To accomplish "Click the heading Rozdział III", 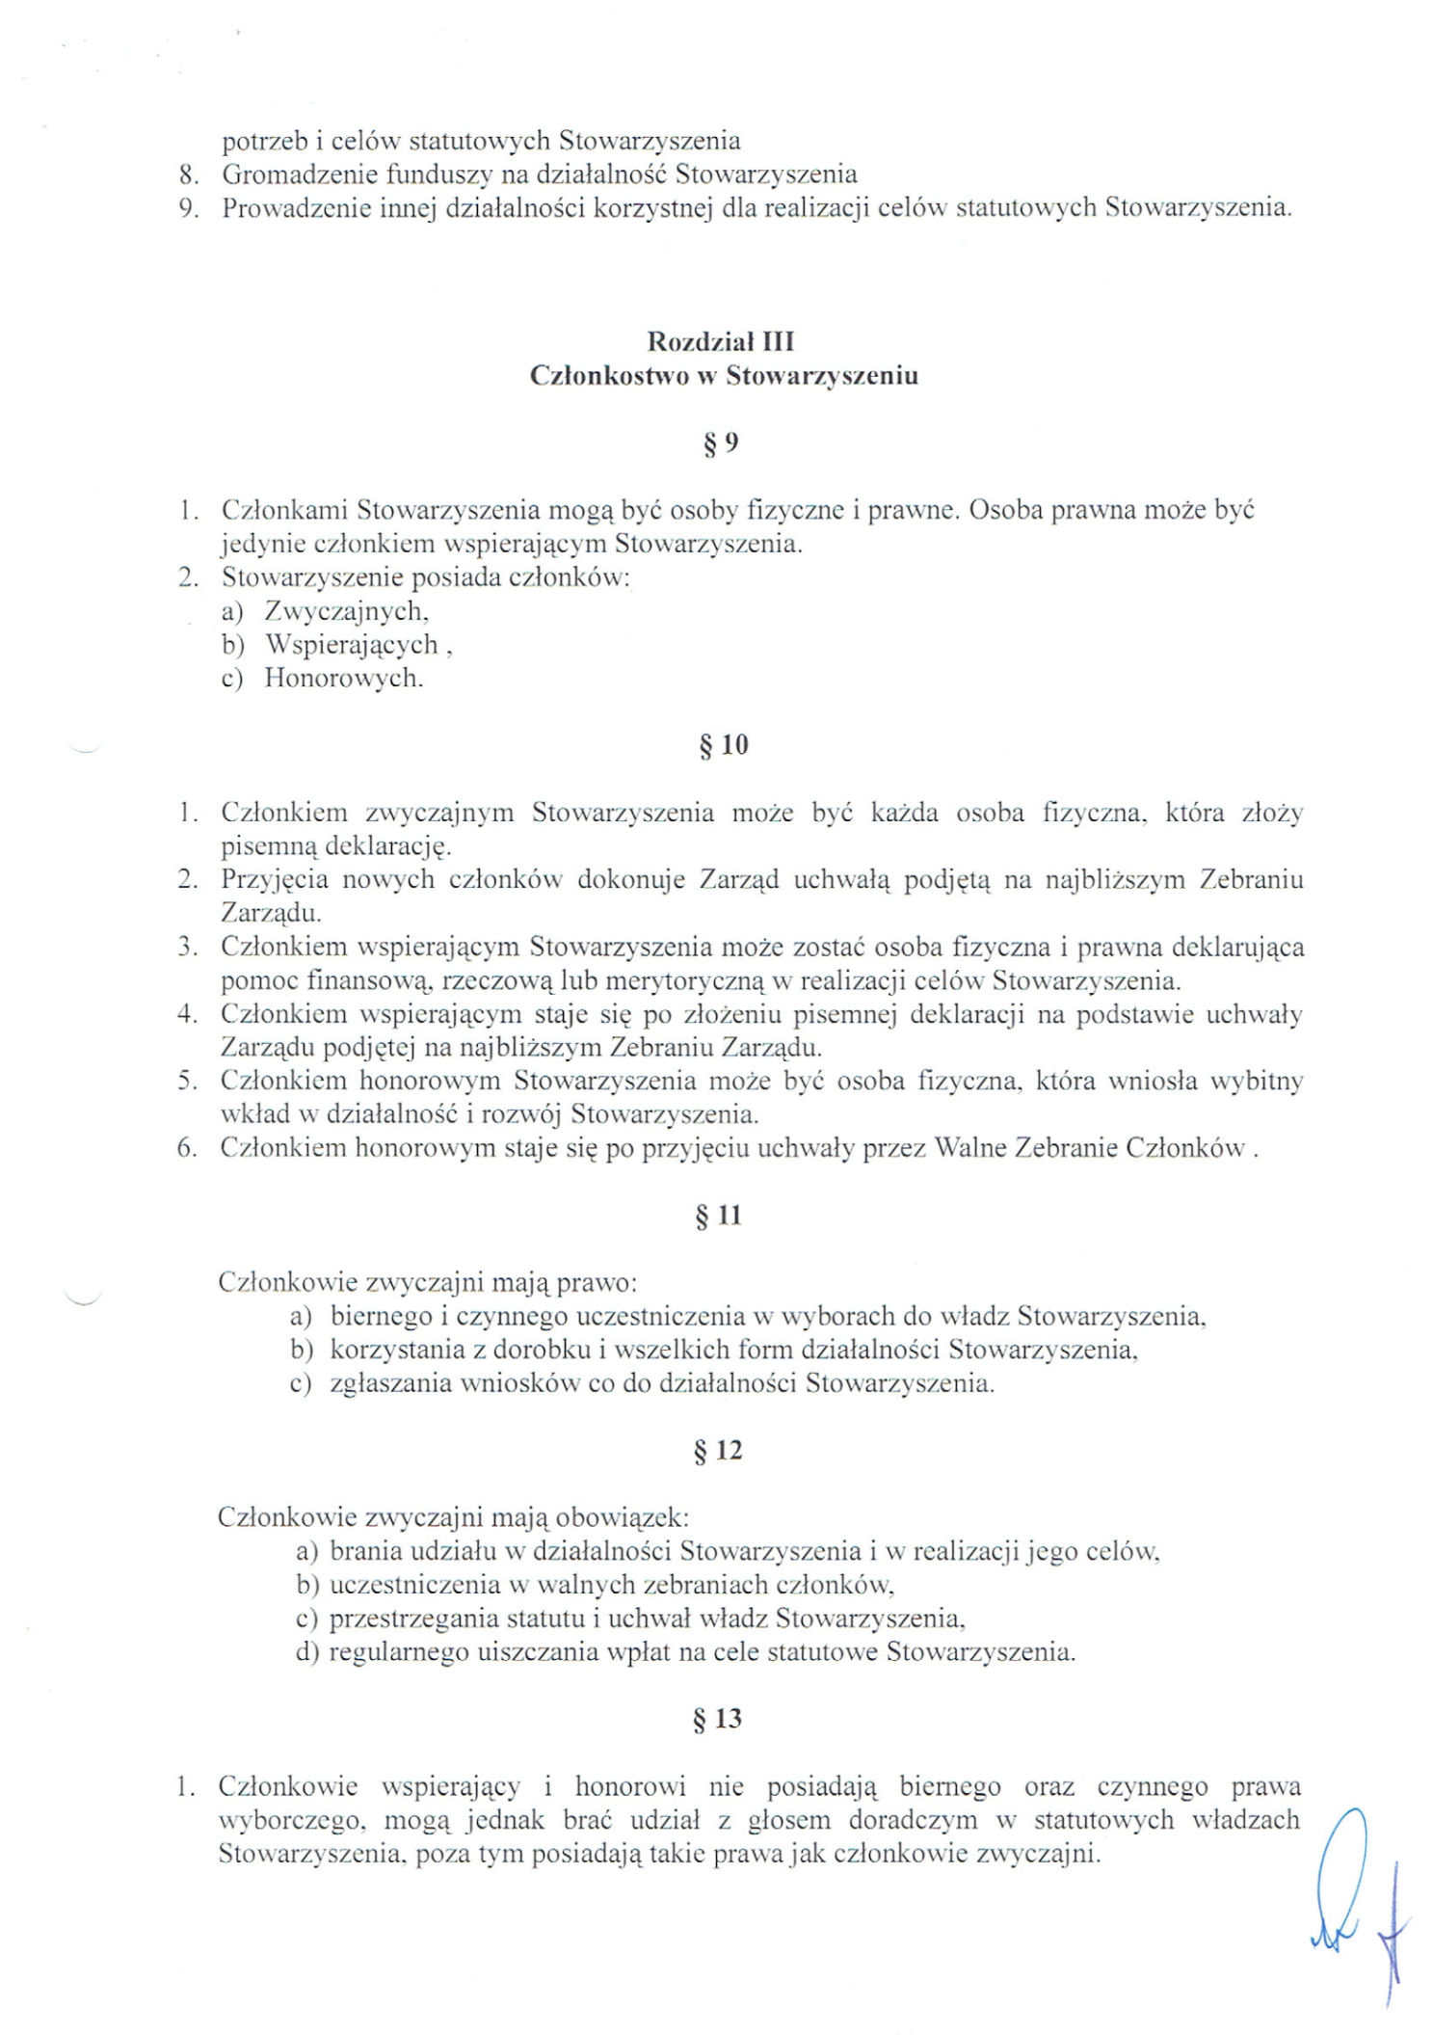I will [x=720, y=342].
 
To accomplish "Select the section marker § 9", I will [x=720, y=443].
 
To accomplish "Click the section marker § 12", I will [x=718, y=1451].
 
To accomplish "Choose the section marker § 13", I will [x=718, y=1719].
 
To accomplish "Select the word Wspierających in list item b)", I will [x=352, y=644].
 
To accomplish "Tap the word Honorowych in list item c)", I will [x=343, y=678].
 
